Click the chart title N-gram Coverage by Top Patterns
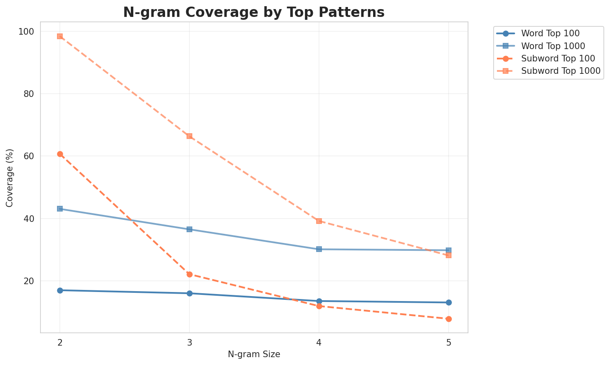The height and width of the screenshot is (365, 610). click(254, 12)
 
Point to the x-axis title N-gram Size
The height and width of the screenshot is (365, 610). click(254, 354)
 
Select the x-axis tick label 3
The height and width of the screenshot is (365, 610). click(189, 342)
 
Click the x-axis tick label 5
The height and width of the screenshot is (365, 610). click(449, 342)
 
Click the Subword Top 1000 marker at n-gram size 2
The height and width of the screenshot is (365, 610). click(60, 36)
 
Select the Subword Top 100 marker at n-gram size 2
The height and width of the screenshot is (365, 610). click(60, 154)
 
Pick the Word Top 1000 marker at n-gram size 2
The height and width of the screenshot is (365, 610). click(60, 209)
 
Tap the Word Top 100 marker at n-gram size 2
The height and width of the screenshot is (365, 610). click(60, 290)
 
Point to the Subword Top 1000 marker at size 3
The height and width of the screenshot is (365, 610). click(189, 136)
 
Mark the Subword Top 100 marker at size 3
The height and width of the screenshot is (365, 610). click(189, 274)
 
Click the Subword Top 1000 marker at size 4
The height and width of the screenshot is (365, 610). click(319, 221)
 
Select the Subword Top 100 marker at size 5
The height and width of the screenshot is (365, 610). click(449, 319)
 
